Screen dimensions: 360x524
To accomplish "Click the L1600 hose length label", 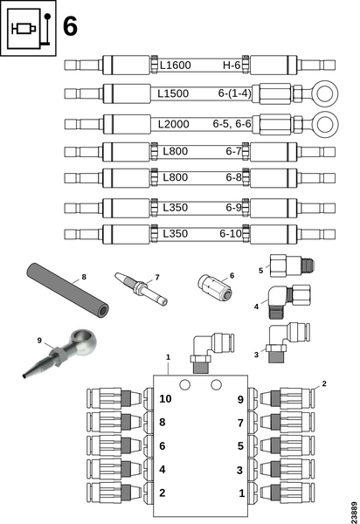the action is click(175, 65).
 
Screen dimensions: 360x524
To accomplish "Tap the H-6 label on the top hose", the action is click(232, 65).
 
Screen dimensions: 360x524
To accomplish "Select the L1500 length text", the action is click(173, 93).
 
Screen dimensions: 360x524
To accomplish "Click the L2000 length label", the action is click(174, 124).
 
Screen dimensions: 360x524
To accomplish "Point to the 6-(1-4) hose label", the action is click(234, 93).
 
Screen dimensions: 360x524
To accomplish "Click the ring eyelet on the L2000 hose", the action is click(326, 124).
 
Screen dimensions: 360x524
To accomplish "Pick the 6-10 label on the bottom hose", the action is click(231, 233).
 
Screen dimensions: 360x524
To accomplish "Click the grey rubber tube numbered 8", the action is click(67, 291).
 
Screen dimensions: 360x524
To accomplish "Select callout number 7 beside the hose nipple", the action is click(157, 278).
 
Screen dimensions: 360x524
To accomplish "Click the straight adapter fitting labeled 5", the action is click(292, 265).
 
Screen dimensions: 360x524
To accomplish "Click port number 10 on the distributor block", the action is click(165, 399).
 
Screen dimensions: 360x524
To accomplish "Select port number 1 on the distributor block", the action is click(242, 493).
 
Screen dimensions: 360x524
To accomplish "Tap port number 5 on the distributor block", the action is click(240, 445).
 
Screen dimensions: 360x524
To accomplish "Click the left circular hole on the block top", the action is click(184, 384).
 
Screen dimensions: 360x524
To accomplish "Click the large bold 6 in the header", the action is click(70, 26).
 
